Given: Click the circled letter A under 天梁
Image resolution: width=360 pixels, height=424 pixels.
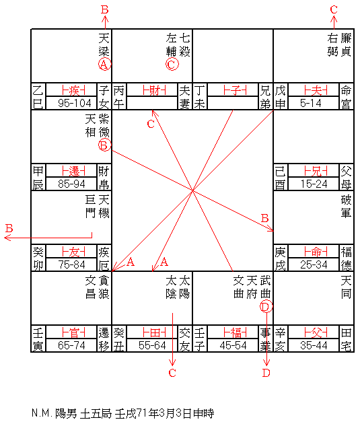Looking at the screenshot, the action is (x=104, y=64).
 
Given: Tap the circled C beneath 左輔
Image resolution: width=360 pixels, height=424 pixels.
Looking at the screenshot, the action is (x=172, y=64).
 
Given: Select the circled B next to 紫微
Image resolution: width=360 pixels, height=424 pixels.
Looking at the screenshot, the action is (x=104, y=145).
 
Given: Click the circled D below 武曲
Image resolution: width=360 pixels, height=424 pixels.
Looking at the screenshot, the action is (x=266, y=306).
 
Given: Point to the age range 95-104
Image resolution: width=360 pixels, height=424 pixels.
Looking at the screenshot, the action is (x=74, y=103).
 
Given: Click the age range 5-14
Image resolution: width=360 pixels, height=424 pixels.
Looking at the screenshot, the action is (x=310, y=103).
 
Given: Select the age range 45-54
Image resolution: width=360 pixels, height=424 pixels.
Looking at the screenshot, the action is (x=233, y=345).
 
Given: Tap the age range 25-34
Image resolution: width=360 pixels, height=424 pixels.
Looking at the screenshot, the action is (x=314, y=264).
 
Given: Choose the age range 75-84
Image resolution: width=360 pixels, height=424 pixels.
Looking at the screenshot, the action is (x=71, y=264).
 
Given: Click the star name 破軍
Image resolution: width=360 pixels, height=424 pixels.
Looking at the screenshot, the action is (x=346, y=207).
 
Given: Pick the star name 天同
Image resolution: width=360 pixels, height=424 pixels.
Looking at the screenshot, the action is (x=346, y=287).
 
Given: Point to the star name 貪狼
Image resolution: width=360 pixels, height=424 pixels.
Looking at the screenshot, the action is (x=104, y=287).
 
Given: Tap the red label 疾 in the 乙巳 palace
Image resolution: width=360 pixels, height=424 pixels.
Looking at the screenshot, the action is (x=73, y=90).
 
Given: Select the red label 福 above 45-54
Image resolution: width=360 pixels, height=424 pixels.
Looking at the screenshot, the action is (x=235, y=332).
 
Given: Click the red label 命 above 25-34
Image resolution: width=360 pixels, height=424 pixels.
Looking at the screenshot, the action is (x=316, y=252).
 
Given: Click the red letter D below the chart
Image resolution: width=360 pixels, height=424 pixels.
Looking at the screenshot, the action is (x=266, y=373).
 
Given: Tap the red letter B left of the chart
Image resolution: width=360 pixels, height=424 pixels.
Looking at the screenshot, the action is (x=9, y=228).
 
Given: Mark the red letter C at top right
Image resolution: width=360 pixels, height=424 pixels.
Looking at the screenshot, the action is (x=334, y=9).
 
